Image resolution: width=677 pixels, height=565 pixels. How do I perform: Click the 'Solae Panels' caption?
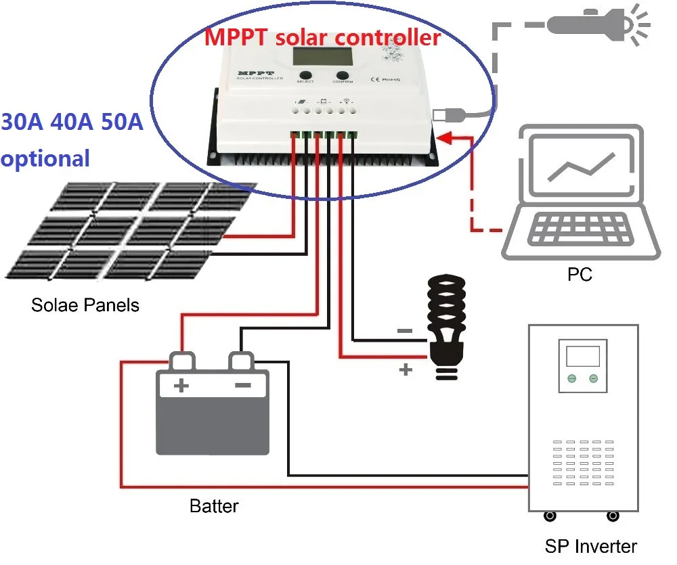click(x=85, y=305)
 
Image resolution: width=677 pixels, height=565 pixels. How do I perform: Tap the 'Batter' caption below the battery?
click(x=214, y=505)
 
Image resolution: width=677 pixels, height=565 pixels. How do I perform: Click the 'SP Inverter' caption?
click(x=591, y=546)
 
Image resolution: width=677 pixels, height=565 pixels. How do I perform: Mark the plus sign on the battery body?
click(x=181, y=386)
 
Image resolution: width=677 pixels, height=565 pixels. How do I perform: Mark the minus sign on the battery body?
click(x=242, y=385)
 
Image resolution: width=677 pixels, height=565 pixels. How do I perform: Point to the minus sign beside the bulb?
click(x=404, y=331)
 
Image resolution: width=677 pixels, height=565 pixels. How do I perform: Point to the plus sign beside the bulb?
click(x=406, y=369)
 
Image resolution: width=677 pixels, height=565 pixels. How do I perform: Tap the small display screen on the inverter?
click(x=582, y=356)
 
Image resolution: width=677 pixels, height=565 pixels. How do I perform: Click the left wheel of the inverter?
click(x=550, y=516)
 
